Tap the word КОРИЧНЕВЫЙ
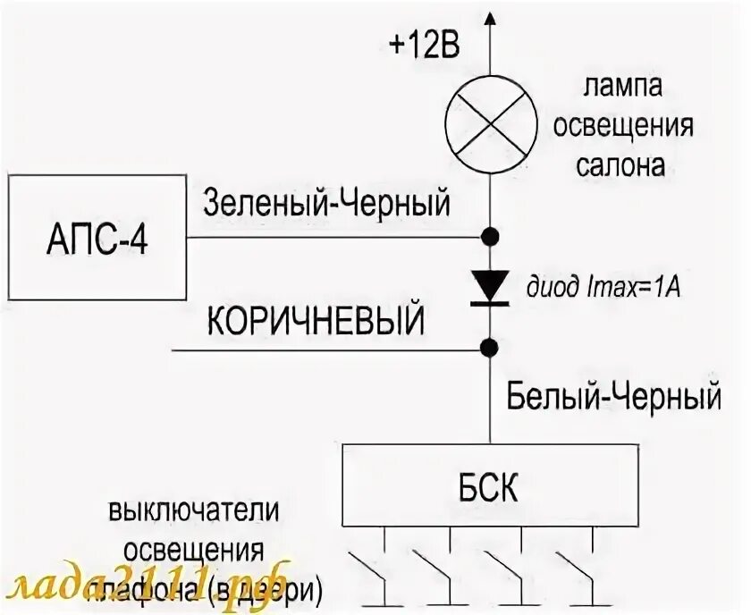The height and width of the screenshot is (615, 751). [316, 319]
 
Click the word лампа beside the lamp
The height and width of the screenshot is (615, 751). [623, 88]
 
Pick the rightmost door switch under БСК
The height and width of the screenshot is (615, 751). [581, 568]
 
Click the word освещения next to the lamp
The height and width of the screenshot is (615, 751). [623, 126]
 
